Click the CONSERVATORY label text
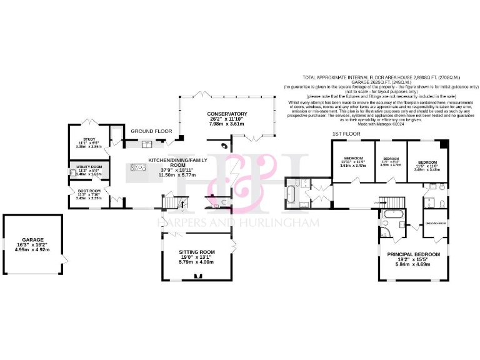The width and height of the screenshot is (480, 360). (x=227, y=114)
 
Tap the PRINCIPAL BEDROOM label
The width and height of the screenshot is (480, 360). (x=413, y=254)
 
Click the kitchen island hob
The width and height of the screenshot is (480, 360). (x=136, y=167)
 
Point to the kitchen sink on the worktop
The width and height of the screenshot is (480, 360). (x=147, y=144)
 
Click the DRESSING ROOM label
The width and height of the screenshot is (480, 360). (x=435, y=223)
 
